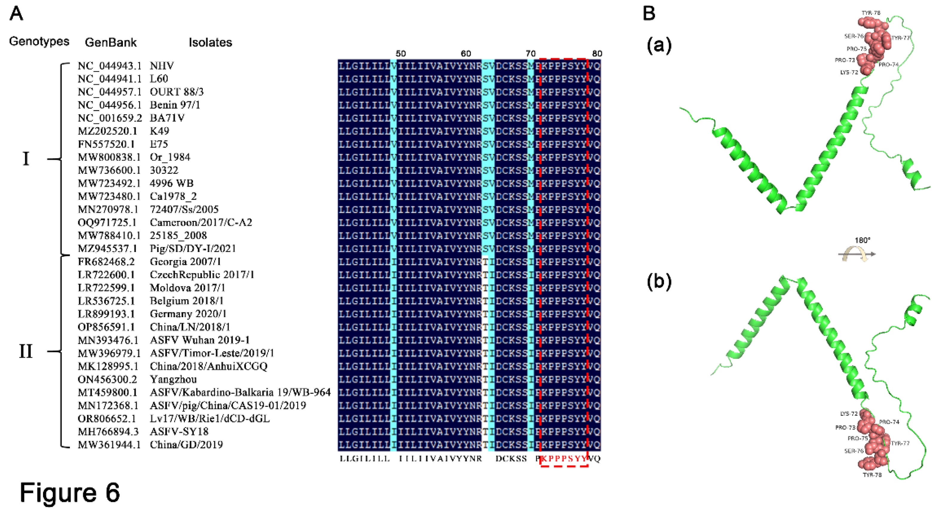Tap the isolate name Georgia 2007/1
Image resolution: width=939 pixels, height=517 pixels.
(x=185, y=262)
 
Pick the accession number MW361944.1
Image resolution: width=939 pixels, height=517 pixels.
(x=109, y=445)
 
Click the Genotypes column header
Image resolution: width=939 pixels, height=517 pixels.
(x=39, y=42)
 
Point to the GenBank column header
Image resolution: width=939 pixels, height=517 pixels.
(x=111, y=43)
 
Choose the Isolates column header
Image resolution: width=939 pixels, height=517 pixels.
(x=210, y=43)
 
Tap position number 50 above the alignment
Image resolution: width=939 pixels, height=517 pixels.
(x=400, y=53)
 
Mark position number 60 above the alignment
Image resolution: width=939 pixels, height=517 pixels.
(x=466, y=53)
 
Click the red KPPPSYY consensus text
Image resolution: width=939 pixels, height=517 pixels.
(x=564, y=459)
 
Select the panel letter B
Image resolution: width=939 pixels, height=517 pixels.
(x=649, y=13)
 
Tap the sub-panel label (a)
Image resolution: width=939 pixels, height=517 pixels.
(x=659, y=46)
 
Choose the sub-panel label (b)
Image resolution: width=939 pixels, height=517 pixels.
(x=659, y=282)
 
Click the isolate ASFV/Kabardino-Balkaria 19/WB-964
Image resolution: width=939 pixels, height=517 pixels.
(x=240, y=392)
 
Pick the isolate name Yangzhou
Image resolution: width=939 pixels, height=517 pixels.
(x=173, y=379)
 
